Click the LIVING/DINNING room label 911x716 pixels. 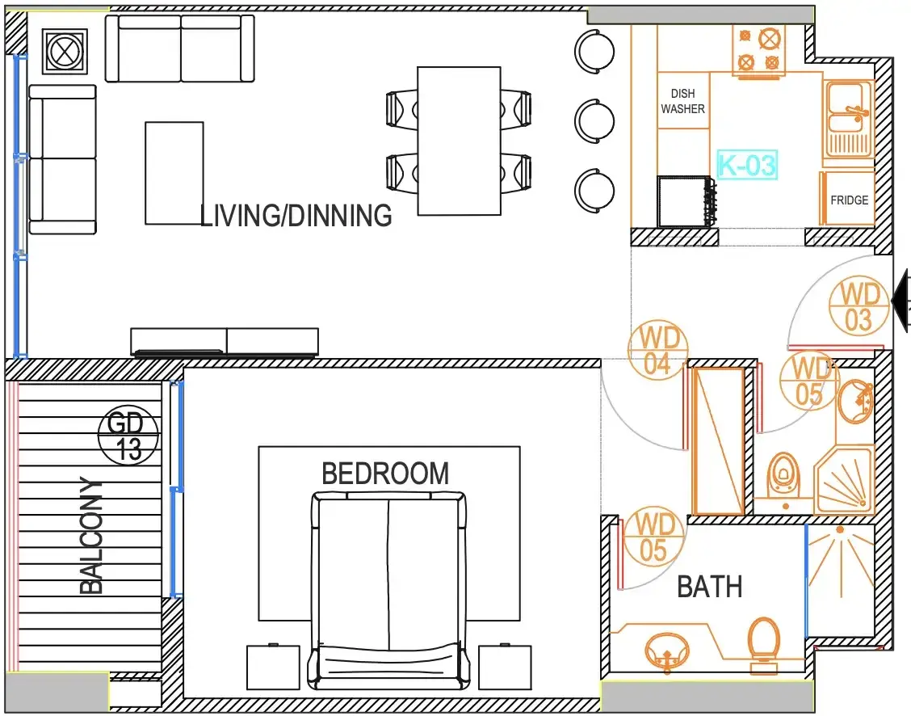pos(296,216)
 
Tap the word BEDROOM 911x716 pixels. pos(385,474)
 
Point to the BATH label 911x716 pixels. pos(709,587)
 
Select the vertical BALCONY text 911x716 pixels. pos(91,535)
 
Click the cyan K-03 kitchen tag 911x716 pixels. pos(747,165)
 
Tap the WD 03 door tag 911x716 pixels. pos(859,306)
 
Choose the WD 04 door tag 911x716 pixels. pos(658,349)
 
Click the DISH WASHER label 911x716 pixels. pos(682,101)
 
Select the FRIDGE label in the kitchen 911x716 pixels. pos(850,200)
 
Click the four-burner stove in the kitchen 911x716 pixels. pos(758,51)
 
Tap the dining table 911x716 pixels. pos(459,141)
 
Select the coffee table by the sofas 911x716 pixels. pos(174,173)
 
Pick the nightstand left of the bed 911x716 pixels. pos(273,667)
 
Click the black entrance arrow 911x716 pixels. pos(901,301)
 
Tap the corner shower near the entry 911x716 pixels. pos(843,480)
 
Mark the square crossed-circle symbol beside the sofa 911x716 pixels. pos(65,52)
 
